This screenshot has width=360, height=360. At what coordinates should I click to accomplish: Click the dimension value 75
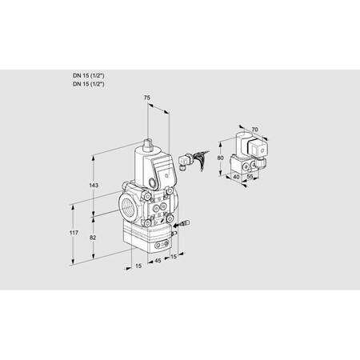[147, 99]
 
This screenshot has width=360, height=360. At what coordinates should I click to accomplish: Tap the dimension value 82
[93, 239]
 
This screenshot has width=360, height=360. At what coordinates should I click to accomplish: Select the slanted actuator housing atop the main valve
[156, 172]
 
